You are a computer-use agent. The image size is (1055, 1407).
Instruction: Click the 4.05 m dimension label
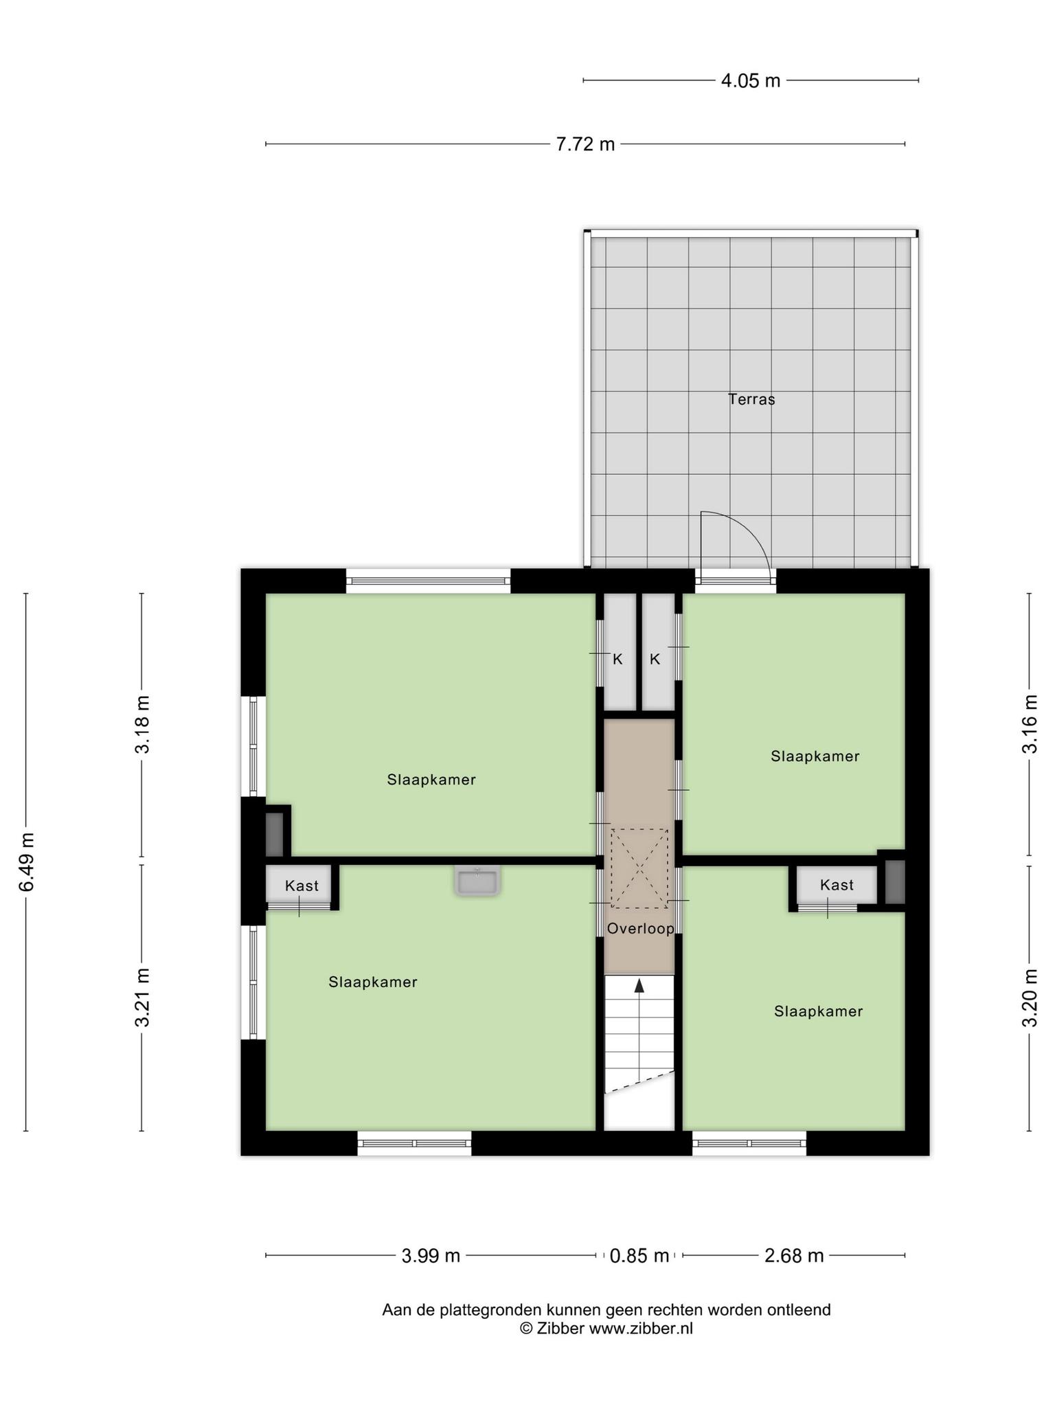click(751, 81)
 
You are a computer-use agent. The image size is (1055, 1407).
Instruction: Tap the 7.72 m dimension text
click(585, 144)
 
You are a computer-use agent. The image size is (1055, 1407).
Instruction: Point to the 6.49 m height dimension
click(27, 862)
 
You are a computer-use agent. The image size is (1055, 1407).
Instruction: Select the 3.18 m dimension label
click(142, 725)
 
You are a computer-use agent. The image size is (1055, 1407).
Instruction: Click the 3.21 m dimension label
click(142, 997)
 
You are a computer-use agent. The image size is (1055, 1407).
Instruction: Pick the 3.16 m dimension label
click(1030, 724)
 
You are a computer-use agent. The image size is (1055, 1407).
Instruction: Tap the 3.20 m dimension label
click(1030, 998)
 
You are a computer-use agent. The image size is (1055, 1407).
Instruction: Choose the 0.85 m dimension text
click(639, 1256)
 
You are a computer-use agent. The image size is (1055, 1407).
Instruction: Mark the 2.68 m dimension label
click(794, 1256)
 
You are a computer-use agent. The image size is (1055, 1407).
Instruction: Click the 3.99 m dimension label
click(431, 1256)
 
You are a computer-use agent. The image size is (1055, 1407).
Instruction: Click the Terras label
click(751, 399)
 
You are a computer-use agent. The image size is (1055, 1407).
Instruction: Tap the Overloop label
click(641, 929)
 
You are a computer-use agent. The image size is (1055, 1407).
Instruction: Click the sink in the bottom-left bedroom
click(477, 881)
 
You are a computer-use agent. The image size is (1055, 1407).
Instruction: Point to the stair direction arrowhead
click(639, 986)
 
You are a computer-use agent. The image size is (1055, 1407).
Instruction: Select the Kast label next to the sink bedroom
click(302, 886)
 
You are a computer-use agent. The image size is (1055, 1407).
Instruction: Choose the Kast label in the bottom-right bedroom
click(837, 885)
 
